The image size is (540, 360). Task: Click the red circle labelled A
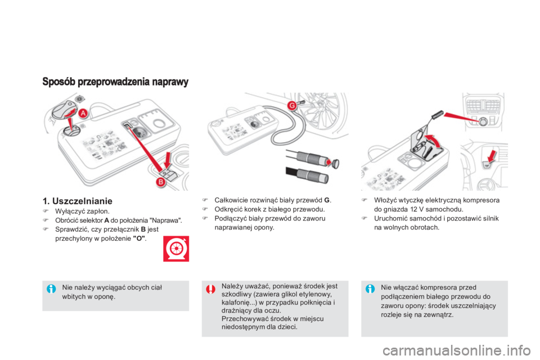tap(83, 113)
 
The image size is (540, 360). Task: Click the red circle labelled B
tap(160, 182)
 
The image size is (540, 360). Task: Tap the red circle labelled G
tap(292, 105)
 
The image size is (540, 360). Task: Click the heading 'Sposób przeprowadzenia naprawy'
tap(115, 82)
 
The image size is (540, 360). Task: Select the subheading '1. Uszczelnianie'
tap(78, 201)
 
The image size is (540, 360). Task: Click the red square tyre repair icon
tap(176, 249)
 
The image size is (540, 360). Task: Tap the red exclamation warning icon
tap(210, 289)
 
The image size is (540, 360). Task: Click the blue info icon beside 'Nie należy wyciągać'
tap(51, 289)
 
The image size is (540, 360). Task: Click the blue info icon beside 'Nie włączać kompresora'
tap(370, 289)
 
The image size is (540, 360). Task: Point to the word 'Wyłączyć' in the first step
tap(67, 211)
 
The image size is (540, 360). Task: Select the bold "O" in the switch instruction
tap(139, 238)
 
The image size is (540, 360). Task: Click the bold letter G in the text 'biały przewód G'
tap(327, 200)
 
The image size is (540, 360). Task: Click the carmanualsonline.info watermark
tap(457, 350)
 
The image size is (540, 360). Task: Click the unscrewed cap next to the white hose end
tap(335, 163)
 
